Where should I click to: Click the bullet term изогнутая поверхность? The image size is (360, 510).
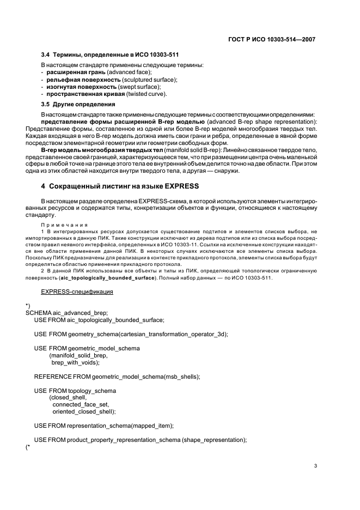pyautogui.click(x=81, y=87)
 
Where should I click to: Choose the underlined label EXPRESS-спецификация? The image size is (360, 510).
pyautogui.click(x=81, y=292)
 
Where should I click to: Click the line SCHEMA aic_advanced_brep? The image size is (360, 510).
pyautogui.click(x=66, y=313)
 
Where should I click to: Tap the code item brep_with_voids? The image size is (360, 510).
pyautogui.click(x=75, y=362)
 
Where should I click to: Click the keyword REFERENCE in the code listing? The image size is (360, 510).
pyautogui.click(x=54, y=377)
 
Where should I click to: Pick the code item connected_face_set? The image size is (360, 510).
pyautogui.click(x=81, y=404)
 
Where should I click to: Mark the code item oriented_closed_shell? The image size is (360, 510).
pyautogui.click(x=84, y=411)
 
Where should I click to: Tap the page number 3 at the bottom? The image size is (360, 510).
pyautogui.click(x=315, y=466)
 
